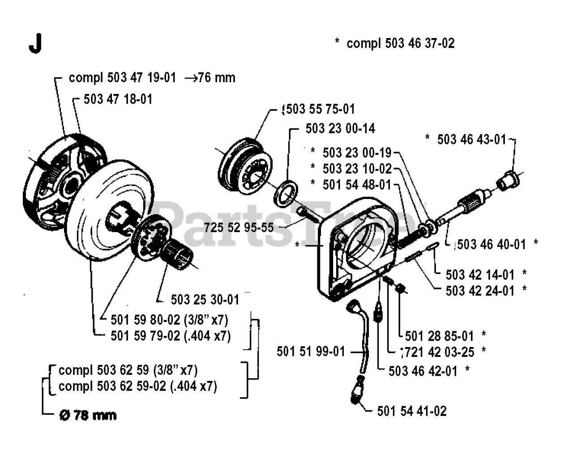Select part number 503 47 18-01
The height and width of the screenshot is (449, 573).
point(118,99)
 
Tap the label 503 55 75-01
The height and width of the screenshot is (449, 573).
point(320,109)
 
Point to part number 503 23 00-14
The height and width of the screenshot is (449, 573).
point(340,129)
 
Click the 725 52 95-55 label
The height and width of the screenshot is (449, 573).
point(239,228)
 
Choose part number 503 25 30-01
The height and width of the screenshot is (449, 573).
point(205,299)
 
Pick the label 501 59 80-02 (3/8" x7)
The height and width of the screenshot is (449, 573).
point(169,320)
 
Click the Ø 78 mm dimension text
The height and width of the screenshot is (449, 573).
point(88,415)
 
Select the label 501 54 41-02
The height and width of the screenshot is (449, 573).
point(412,411)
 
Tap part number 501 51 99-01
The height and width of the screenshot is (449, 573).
point(311,352)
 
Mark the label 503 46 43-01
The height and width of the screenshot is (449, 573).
point(471,140)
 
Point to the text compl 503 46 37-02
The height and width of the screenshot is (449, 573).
point(400,43)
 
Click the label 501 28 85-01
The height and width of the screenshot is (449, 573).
point(439,336)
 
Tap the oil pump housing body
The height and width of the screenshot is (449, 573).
point(358,250)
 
